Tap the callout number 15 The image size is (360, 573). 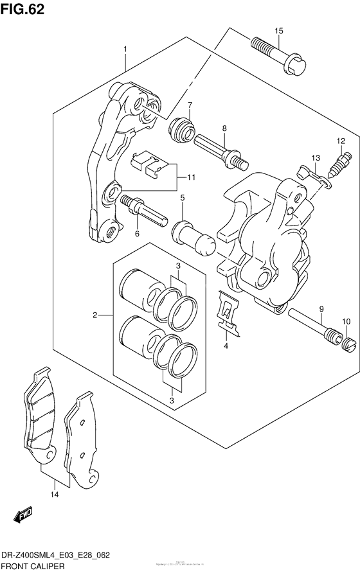point(278,31)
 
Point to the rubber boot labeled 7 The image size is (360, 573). point(181,128)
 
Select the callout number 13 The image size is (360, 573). point(315,158)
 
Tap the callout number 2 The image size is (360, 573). point(95,315)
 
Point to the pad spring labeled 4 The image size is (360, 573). point(228,313)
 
